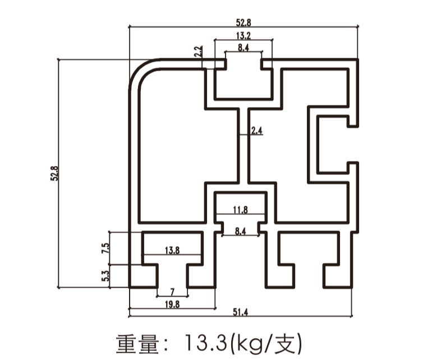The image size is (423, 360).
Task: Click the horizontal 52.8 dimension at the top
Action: pos(243,22)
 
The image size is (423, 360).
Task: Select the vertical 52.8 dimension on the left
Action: pos(56,173)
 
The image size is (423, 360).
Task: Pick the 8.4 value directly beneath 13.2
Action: pos(243,48)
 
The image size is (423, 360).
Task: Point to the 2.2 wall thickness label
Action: pos(198,52)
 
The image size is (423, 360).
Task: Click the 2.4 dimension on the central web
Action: pos(257,131)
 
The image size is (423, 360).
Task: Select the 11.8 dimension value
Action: pos(240,210)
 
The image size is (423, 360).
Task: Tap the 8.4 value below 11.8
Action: pos(240,230)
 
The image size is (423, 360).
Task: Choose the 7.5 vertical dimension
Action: pos(104,248)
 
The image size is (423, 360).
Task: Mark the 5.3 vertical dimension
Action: pos(104,275)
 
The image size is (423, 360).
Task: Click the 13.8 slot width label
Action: pos(172,251)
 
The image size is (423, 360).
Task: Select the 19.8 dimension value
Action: pos(172,304)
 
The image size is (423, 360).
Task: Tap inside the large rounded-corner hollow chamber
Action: pos(168,146)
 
